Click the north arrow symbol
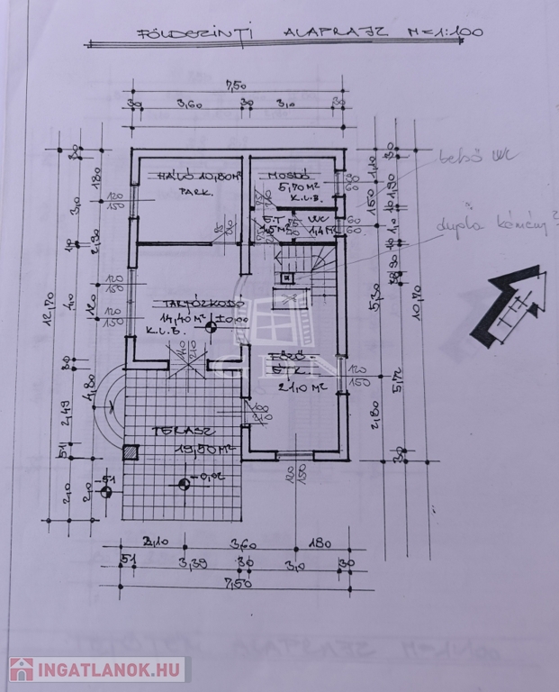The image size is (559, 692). click(x=511, y=306)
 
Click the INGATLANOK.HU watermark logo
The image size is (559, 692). click(x=97, y=669)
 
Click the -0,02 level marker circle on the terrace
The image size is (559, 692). click(x=184, y=484)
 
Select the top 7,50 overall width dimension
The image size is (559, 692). click(x=236, y=87)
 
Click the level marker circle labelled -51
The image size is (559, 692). click(x=106, y=492)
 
